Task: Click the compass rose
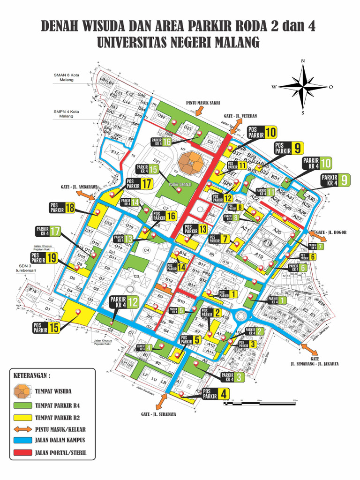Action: (x=303, y=86)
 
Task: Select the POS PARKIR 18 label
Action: (x=62, y=208)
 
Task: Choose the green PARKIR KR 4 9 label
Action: (x=335, y=180)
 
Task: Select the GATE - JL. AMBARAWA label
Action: (x=79, y=187)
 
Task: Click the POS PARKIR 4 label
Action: (x=217, y=394)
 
